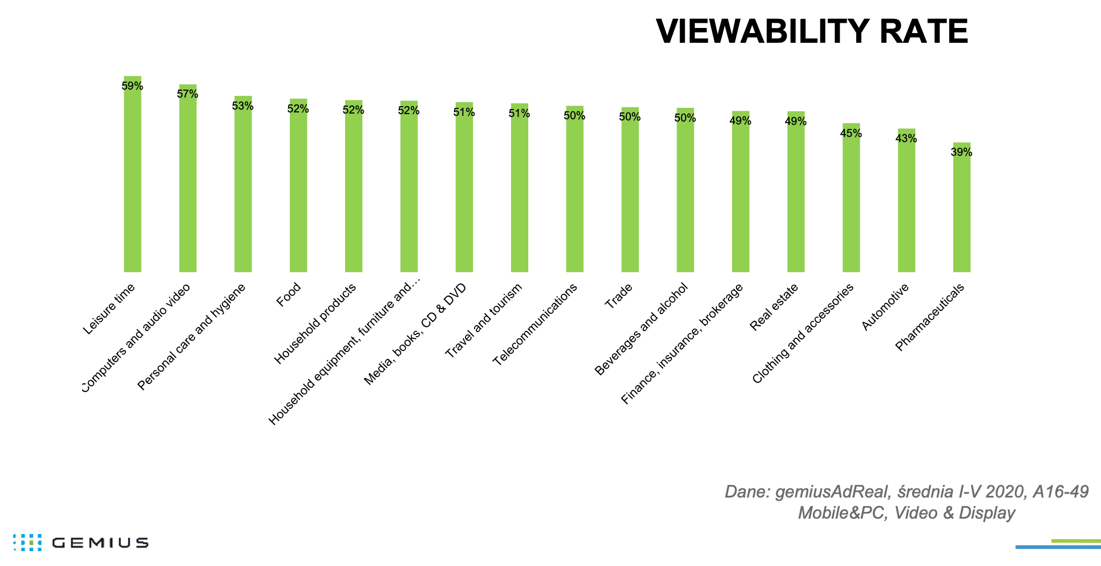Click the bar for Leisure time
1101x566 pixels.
[132, 177]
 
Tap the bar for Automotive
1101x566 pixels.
[906, 203]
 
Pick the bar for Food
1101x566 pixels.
[298, 188]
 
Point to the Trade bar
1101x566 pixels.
[630, 191]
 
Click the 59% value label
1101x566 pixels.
[132, 86]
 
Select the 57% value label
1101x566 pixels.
[188, 94]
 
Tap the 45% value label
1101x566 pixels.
[851, 134]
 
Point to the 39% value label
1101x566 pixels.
[961, 152]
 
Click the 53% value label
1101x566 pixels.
[242, 106]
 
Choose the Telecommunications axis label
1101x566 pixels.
[535, 324]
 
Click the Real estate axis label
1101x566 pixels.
[774, 307]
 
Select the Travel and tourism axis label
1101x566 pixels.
[483, 321]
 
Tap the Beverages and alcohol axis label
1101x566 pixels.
[641, 329]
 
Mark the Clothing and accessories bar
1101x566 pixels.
[851, 200]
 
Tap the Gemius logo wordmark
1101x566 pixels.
[100, 543]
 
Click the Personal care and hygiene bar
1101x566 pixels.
[242, 185]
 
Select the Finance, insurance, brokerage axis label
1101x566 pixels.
[682, 344]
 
